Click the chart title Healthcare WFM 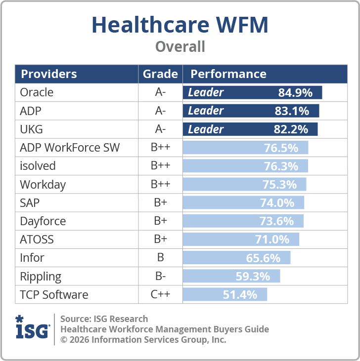180,24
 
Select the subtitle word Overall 180,46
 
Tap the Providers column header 48,74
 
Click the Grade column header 160,74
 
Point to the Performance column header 228,74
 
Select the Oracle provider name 37,92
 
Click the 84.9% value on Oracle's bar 295,92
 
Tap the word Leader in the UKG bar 206,129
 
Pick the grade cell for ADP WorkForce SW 160,147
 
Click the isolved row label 38,165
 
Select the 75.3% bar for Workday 245,184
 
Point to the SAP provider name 30,202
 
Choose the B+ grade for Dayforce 160,221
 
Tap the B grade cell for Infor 160,258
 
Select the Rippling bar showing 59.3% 231,276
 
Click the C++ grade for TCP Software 160,295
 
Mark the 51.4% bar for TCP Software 225,295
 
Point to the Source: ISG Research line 104,319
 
